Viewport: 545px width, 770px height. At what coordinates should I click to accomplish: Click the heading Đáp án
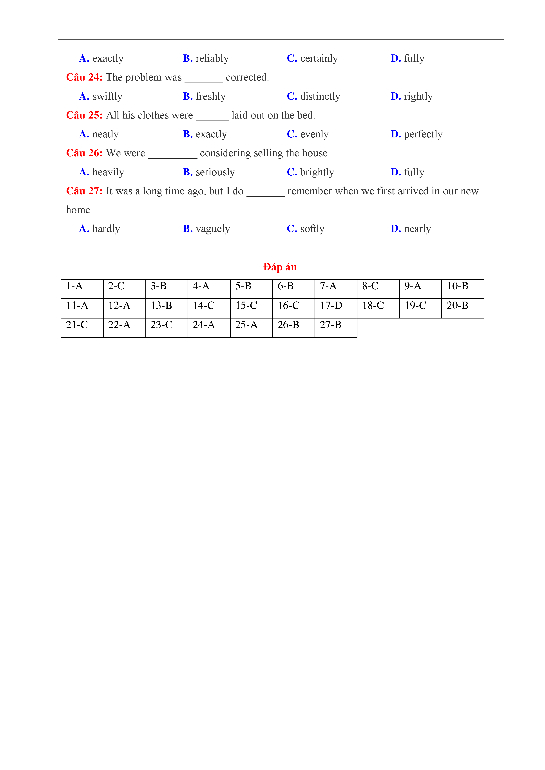[x=280, y=267]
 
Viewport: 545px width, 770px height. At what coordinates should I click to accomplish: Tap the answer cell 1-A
[x=74, y=286]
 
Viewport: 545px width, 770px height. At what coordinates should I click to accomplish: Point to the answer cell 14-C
[x=203, y=306]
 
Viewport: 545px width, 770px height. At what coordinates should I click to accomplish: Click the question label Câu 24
[x=84, y=77]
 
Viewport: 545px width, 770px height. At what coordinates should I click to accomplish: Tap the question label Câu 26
[x=84, y=153]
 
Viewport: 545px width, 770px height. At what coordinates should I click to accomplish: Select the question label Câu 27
[x=84, y=191]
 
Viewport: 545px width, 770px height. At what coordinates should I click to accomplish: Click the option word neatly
[x=105, y=134]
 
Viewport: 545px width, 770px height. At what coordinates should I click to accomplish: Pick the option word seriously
[x=215, y=172]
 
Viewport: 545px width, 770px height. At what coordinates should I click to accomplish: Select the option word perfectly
[x=423, y=134]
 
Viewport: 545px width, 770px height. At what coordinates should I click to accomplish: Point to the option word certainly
[x=319, y=58]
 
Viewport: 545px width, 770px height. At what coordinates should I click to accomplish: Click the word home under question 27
[x=78, y=210]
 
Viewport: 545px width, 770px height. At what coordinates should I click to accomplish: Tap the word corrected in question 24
[x=247, y=77]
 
